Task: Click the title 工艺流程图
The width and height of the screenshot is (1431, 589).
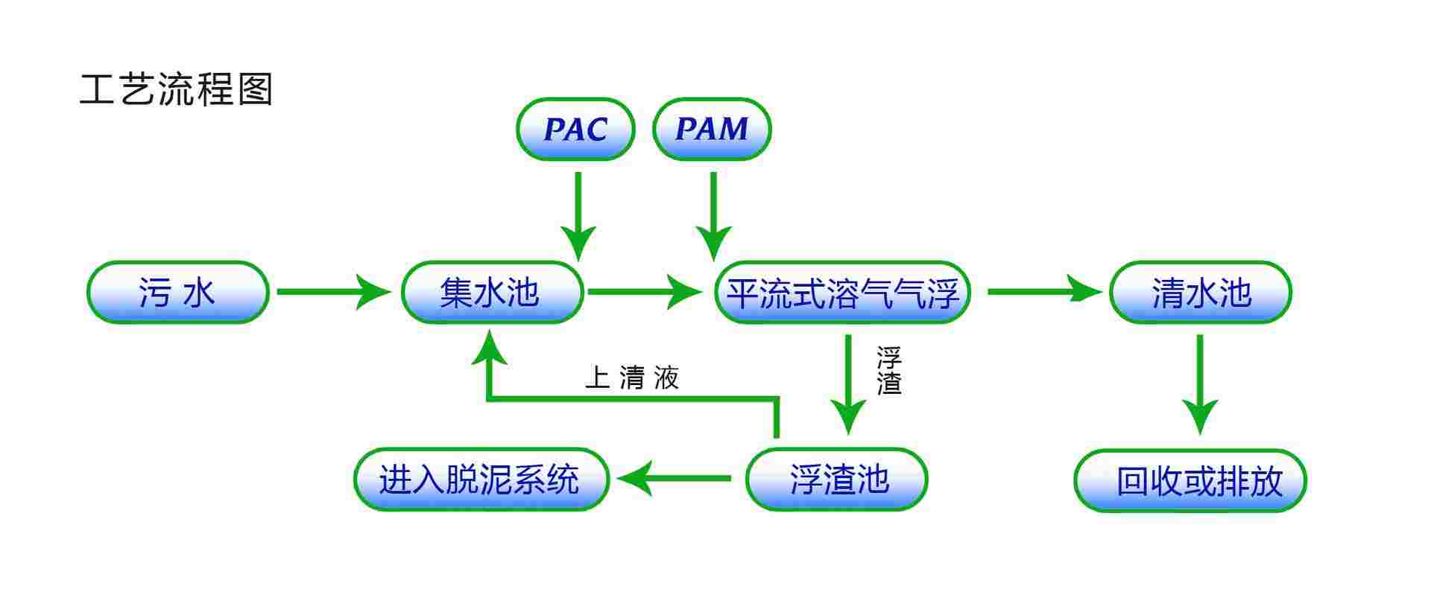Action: pyautogui.click(x=177, y=89)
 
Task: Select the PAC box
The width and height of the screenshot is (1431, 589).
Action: pyautogui.click(x=575, y=129)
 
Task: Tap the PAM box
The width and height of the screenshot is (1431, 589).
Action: pyautogui.click(x=712, y=129)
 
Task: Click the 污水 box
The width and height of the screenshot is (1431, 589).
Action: pyautogui.click(x=177, y=292)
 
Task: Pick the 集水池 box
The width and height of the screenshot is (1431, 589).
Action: pyautogui.click(x=492, y=292)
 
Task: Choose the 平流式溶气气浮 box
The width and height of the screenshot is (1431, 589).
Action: pyautogui.click(x=842, y=292)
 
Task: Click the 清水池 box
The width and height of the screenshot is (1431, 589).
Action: pyautogui.click(x=1200, y=292)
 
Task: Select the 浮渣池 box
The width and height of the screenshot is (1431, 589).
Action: pyautogui.click(x=837, y=480)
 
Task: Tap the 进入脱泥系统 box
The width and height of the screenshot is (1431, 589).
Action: pyautogui.click(x=481, y=480)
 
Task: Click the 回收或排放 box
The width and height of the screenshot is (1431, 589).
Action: pyautogui.click(x=1190, y=481)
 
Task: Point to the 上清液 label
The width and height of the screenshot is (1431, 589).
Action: pyautogui.click(x=632, y=378)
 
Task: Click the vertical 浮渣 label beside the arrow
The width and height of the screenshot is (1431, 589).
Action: pyautogui.click(x=888, y=371)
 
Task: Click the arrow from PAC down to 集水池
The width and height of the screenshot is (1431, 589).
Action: pyautogui.click(x=578, y=216)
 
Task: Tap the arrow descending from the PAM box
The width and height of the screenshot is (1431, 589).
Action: pyautogui.click(x=713, y=216)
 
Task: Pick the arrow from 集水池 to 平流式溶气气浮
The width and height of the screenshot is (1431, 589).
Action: pyautogui.click(x=644, y=292)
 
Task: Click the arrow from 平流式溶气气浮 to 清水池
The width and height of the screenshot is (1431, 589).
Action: pyautogui.click(x=1043, y=292)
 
